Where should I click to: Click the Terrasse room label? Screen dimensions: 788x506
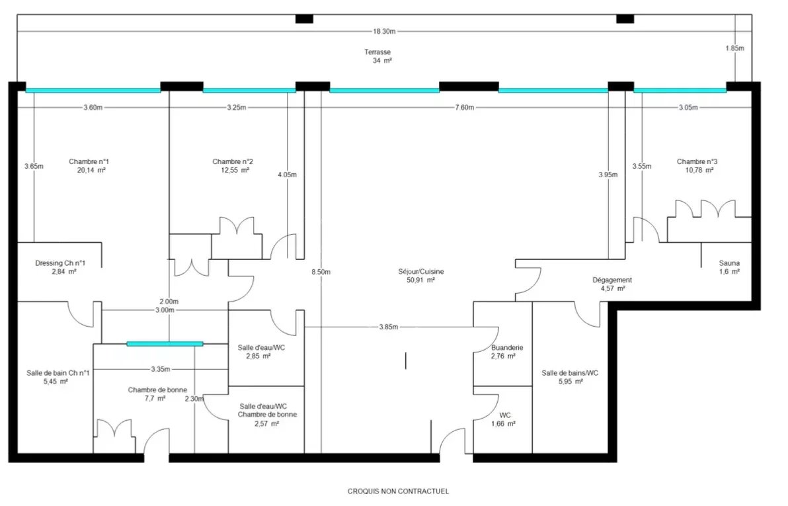(377, 52)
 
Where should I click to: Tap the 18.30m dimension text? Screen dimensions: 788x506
(384, 31)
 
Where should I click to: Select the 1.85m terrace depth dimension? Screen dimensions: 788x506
(734, 48)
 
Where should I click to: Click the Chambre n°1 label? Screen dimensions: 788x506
(89, 161)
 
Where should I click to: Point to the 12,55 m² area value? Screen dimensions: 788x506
(235, 170)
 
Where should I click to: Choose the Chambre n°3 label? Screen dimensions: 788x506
(697, 161)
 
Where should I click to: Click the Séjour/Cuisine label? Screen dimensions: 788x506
(421, 272)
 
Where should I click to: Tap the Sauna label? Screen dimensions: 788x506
(729, 263)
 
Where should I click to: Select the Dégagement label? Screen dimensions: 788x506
(612, 280)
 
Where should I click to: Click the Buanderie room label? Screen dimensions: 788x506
(507, 347)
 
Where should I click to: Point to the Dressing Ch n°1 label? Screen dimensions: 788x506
(60, 263)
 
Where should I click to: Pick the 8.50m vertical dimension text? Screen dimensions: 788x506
(321, 272)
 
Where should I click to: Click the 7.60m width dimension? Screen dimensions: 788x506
(464, 107)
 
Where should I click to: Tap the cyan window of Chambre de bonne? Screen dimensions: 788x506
(165, 344)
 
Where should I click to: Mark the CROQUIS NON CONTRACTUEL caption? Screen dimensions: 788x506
(399, 491)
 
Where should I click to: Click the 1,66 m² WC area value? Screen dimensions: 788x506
(504, 424)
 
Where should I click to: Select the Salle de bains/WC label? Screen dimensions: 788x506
(570, 373)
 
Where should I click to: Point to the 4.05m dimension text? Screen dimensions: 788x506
(287, 175)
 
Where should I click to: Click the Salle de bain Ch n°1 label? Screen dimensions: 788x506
(58, 373)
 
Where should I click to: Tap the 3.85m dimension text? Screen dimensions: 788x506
(389, 327)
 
